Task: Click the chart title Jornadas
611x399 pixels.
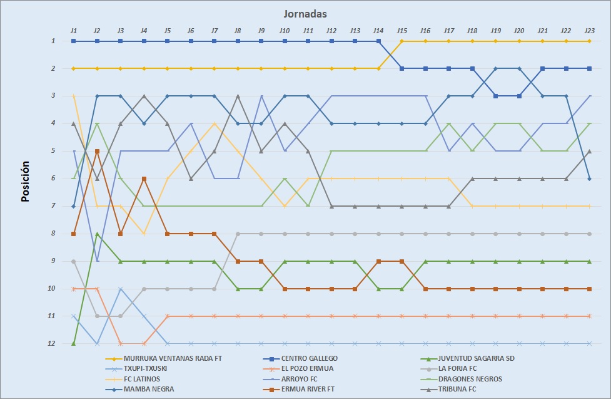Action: click(x=305, y=13)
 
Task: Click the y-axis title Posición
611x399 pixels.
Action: click(x=26, y=182)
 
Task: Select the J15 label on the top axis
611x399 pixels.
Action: click(x=401, y=30)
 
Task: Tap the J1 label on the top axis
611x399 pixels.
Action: click(x=73, y=30)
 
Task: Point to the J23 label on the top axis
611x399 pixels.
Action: click(x=589, y=30)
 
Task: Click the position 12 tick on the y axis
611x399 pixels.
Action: click(x=54, y=343)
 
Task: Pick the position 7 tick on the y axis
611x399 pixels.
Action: click(x=54, y=206)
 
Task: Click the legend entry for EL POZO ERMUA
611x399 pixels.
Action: click(x=306, y=368)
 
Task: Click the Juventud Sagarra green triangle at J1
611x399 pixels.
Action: click(x=74, y=343)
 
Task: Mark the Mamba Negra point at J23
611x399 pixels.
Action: click(x=589, y=179)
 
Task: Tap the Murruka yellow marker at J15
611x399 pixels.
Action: click(x=401, y=41)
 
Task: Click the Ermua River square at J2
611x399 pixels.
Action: click(x=97, y=151)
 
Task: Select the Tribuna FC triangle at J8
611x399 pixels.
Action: click(x=238, y=96)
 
